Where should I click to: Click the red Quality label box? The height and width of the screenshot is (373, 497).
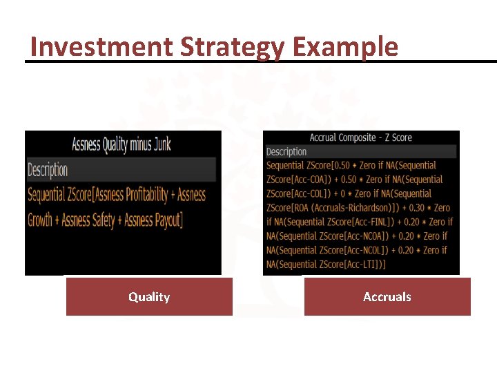pos(149,297)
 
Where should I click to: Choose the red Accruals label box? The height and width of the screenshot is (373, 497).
pos(387,297)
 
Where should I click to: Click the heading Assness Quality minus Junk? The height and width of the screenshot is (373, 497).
pos(121,144)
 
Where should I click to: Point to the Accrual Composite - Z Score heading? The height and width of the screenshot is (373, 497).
pos(360,137)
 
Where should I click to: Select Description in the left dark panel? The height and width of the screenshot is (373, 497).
pos(48,169)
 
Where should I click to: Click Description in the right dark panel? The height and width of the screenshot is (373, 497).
pos(286,151)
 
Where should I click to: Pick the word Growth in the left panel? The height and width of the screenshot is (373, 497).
pos(43,220)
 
